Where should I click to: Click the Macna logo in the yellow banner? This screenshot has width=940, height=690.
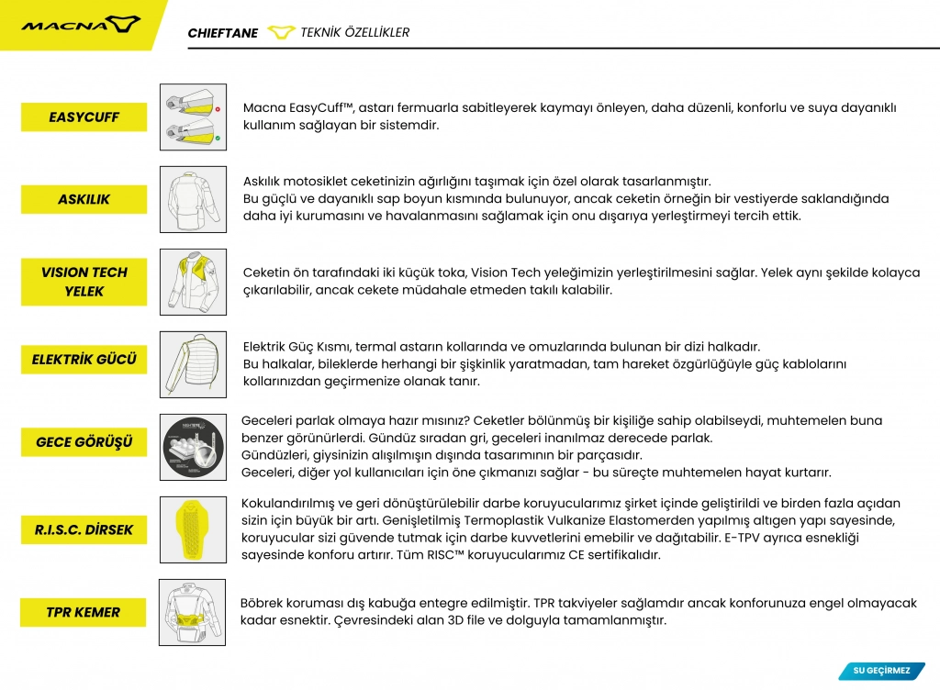(81, 24)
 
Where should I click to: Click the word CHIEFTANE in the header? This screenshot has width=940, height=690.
(223, 33)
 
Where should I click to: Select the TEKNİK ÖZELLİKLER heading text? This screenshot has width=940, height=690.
(355, 33)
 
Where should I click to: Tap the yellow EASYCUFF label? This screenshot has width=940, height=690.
(84, 117)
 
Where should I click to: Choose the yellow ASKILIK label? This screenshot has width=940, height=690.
(84, 199)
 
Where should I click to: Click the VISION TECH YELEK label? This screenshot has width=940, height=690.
(84, 282)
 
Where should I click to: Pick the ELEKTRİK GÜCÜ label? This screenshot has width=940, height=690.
(84, 360)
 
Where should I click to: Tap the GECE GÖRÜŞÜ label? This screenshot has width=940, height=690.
(84, 442)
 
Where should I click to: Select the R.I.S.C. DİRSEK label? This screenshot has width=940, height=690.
(84, 529)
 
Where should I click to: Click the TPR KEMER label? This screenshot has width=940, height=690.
(83, 612)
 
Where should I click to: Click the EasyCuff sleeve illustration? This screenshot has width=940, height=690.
(193, 117)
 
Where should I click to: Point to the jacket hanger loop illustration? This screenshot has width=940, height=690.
(193, 199)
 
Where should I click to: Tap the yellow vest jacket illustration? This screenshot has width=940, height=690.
(193, 282)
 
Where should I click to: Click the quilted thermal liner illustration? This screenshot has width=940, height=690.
(193, 364)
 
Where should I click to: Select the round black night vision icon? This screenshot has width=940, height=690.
(193, 447)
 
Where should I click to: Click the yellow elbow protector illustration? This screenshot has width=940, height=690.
(193, 529)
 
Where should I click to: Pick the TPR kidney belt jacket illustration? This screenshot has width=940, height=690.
(193, 612)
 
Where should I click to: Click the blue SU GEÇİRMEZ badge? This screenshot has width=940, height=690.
(881, 671)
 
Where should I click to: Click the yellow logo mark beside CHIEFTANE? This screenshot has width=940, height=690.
(280, 33)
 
